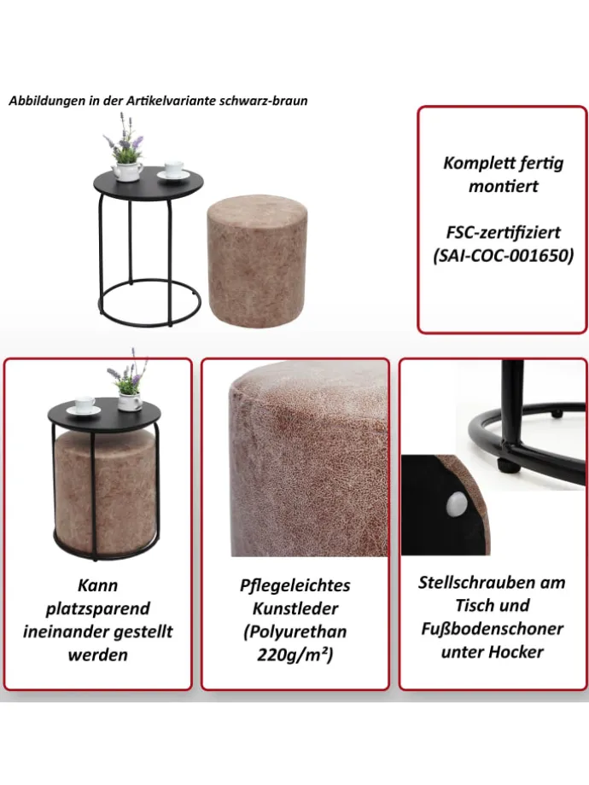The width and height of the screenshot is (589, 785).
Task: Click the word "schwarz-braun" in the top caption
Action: pyautogui.click(x=263, y=101)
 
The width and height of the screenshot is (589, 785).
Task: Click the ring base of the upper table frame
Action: pyautogui.click(x=149, y=302)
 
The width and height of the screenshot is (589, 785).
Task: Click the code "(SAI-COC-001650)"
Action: pyautogui.click(x=503, y=256)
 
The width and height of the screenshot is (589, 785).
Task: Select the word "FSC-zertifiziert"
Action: pyautogui.click(x=503, y=232)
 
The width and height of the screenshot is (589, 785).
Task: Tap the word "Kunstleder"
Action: pyautogui.click(x=295, y=608)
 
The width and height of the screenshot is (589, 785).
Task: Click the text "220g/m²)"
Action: pyautogui.click(x=295, y=654)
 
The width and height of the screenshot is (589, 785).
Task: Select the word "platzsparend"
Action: pyautogui.click(x=97, y=608)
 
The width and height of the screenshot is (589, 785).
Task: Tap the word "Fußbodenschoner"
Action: pyautogui.click(x=492, y=629)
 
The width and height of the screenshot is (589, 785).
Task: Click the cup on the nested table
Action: pyautogui.click(x=85, y=404)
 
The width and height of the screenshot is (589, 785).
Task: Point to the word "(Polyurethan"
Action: pyautogui.click(x=295, y=631)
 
